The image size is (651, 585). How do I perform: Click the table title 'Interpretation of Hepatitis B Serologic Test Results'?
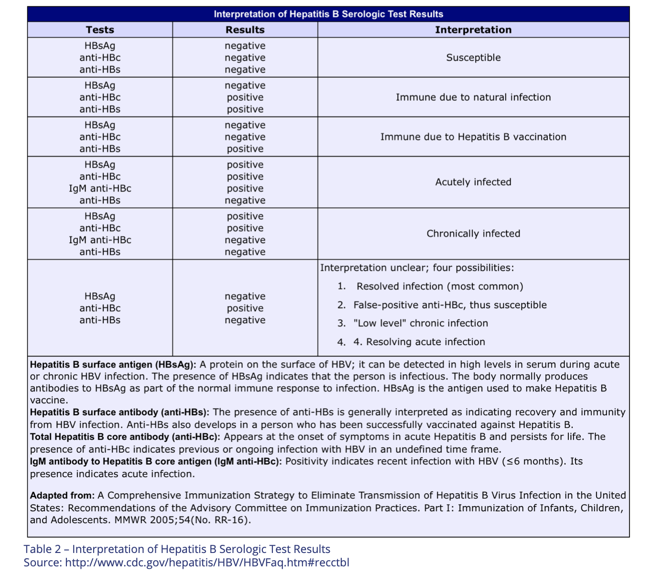click(328, 14)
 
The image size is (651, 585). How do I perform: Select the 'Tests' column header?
click(100, 30)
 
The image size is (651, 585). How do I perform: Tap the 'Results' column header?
click(245, 30)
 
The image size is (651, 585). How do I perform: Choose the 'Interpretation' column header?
click(473, 30)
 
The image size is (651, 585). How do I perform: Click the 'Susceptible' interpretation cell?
click(473, 58)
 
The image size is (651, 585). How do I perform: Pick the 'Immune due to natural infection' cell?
click(473, 97)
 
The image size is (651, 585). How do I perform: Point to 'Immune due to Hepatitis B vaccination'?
click(473, 137)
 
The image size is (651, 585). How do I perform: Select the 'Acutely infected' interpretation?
click(473, 182)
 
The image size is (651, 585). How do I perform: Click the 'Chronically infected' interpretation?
click(473, 234)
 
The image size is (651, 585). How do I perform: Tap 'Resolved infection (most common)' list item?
click(440, 287)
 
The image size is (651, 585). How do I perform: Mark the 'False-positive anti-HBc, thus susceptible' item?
click(450, 305)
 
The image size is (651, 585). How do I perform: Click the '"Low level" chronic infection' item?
click(421, 324)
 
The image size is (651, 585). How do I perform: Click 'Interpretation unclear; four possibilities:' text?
click(417, 268)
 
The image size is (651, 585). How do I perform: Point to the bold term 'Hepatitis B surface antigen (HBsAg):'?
click(113, 365)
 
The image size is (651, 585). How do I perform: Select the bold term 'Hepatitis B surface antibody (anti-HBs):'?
click(120, 412)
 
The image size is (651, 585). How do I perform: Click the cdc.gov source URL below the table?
click(207, 563)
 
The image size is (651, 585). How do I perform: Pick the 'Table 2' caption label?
click(43, 550)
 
